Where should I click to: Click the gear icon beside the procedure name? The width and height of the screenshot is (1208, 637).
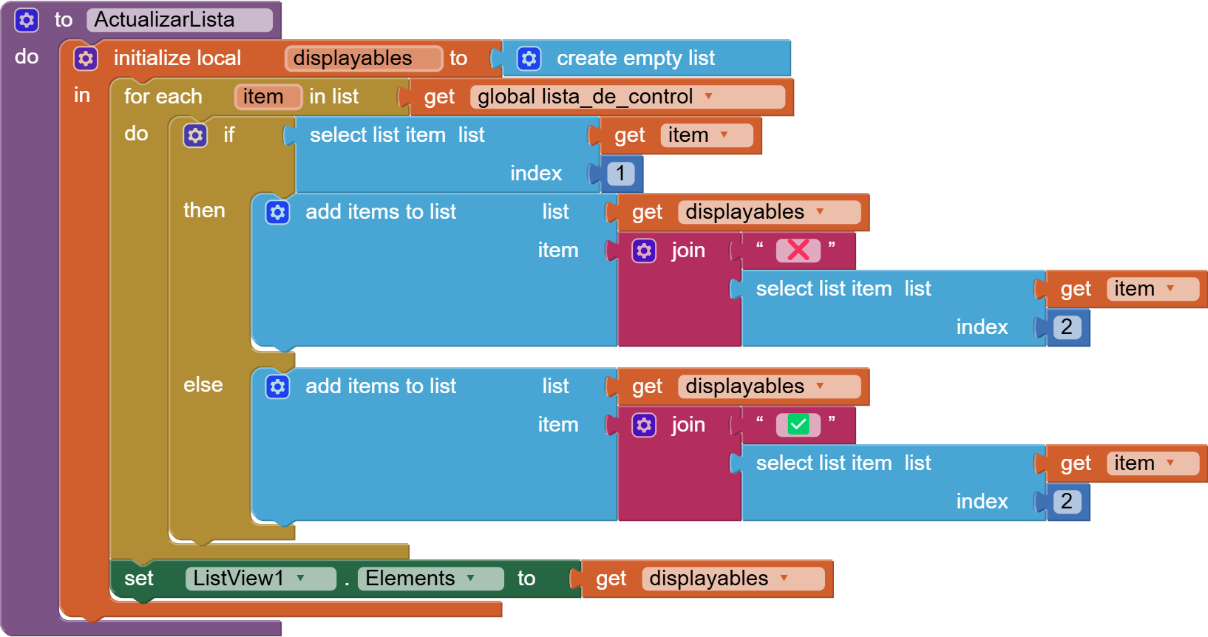tap(27, 20)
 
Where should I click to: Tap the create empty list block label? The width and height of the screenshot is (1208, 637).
tap(635, 58)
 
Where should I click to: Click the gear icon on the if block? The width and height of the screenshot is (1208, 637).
tap(195, 135)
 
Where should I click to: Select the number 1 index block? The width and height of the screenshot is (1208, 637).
tap(620, 174)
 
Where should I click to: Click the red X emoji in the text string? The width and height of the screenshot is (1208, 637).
tap(798, 251)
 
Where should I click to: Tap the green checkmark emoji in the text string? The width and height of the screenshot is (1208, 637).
tap(798, 425)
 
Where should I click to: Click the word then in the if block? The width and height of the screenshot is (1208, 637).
tap(204, 211)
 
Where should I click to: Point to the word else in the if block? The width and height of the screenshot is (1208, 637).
tap(203, 385)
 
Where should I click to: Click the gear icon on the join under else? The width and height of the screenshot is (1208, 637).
tap(644, 425)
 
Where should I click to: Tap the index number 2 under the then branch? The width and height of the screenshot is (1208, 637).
tap(1066, 327)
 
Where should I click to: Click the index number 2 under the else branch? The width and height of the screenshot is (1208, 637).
tap(1066, 502)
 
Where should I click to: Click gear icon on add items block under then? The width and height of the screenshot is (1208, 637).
tap(277, 212)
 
